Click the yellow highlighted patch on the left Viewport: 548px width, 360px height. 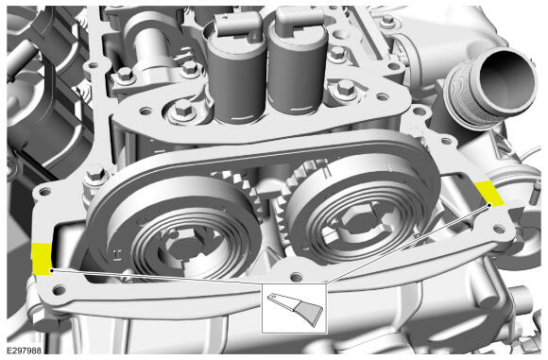[42, 259]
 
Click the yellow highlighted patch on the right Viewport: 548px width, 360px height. [489, 193]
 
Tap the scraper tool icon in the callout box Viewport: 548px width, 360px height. [296, 309]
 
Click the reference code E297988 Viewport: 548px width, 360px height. [25, 351]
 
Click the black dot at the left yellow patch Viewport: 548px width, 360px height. [52, 270]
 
